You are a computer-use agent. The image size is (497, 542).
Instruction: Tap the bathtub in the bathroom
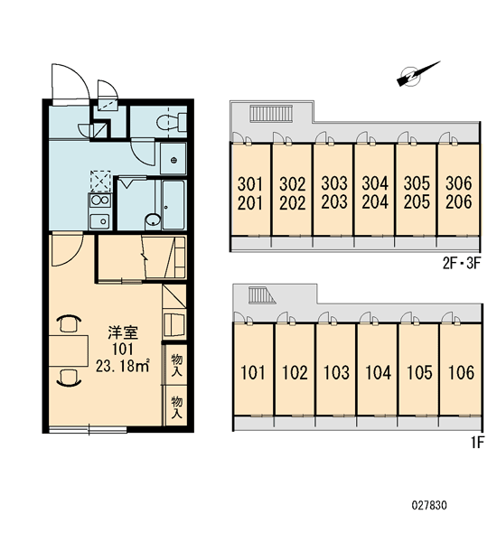click(x=173, y=205)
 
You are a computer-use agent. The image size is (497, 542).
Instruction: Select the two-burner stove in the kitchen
click(x=99, y=201)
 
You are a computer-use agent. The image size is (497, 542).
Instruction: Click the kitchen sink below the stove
click(x=99, y=221)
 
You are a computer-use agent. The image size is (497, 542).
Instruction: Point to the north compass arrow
click(x=417, y=74)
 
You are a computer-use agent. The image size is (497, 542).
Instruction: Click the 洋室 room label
click(x=123, y=332)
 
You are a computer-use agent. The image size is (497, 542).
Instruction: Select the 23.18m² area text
click(x=123, y=366)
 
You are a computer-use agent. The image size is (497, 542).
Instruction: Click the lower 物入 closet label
click(x=177, y=407)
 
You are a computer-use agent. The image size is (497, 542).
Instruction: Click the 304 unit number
click(x=375, y=183)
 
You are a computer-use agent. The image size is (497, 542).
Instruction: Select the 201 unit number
click(x=250, y=203)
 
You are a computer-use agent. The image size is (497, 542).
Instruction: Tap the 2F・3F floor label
click(x=462, y=264)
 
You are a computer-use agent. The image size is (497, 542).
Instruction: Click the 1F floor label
click(x=478, y=442)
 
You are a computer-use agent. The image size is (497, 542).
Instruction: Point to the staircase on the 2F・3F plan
click(x=271, y=114)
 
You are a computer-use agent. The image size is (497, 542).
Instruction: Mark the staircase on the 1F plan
click(x=261, y=295)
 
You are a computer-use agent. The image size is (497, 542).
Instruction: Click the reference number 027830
click(x=429, y=506)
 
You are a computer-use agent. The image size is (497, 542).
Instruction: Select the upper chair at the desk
click(x=69, y=323)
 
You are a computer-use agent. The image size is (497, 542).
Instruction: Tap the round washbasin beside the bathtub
click(x=153, y=220)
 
